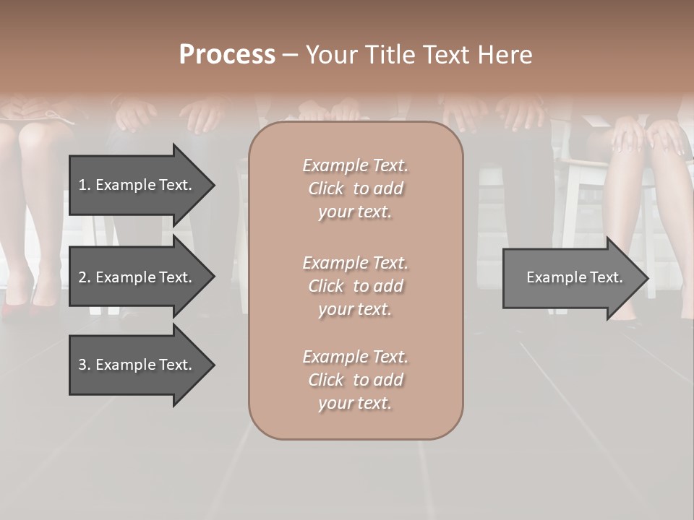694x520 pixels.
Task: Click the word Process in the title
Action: (227, 55)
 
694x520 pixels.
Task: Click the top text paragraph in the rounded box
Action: (355, 188)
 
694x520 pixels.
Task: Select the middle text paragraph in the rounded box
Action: (355, 286)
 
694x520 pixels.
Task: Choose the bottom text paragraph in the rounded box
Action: (355, 380)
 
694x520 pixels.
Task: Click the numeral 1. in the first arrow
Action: (84, 185)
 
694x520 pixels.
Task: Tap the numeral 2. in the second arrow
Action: (84, 277)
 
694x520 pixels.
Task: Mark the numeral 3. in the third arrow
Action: (84, 365)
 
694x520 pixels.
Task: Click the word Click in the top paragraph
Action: (326, 188)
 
